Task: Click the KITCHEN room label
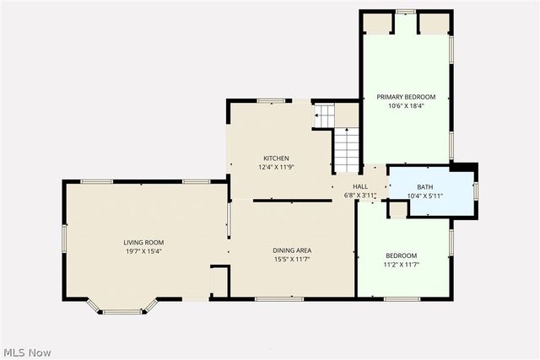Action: [x=276, y=159]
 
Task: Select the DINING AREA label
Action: [x=292, y=250]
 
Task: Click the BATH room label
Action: [x=424, y=187]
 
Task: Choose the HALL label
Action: [x=360, y=186]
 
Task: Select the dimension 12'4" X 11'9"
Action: [x=276, y=167]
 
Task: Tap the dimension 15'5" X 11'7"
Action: [x=292, y=259]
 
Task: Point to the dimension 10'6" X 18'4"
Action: [x=405, y=106]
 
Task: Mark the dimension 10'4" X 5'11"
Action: [x=424, y=196]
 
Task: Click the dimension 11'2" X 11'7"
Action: [x=402, y=265]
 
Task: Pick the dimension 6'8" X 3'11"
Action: [x=360, y=195]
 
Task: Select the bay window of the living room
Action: [x=122, y=308]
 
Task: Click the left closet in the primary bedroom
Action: [x=378, y=24]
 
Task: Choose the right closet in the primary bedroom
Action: [x=434, y=24]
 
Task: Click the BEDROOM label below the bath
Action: [x=402, y=256]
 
